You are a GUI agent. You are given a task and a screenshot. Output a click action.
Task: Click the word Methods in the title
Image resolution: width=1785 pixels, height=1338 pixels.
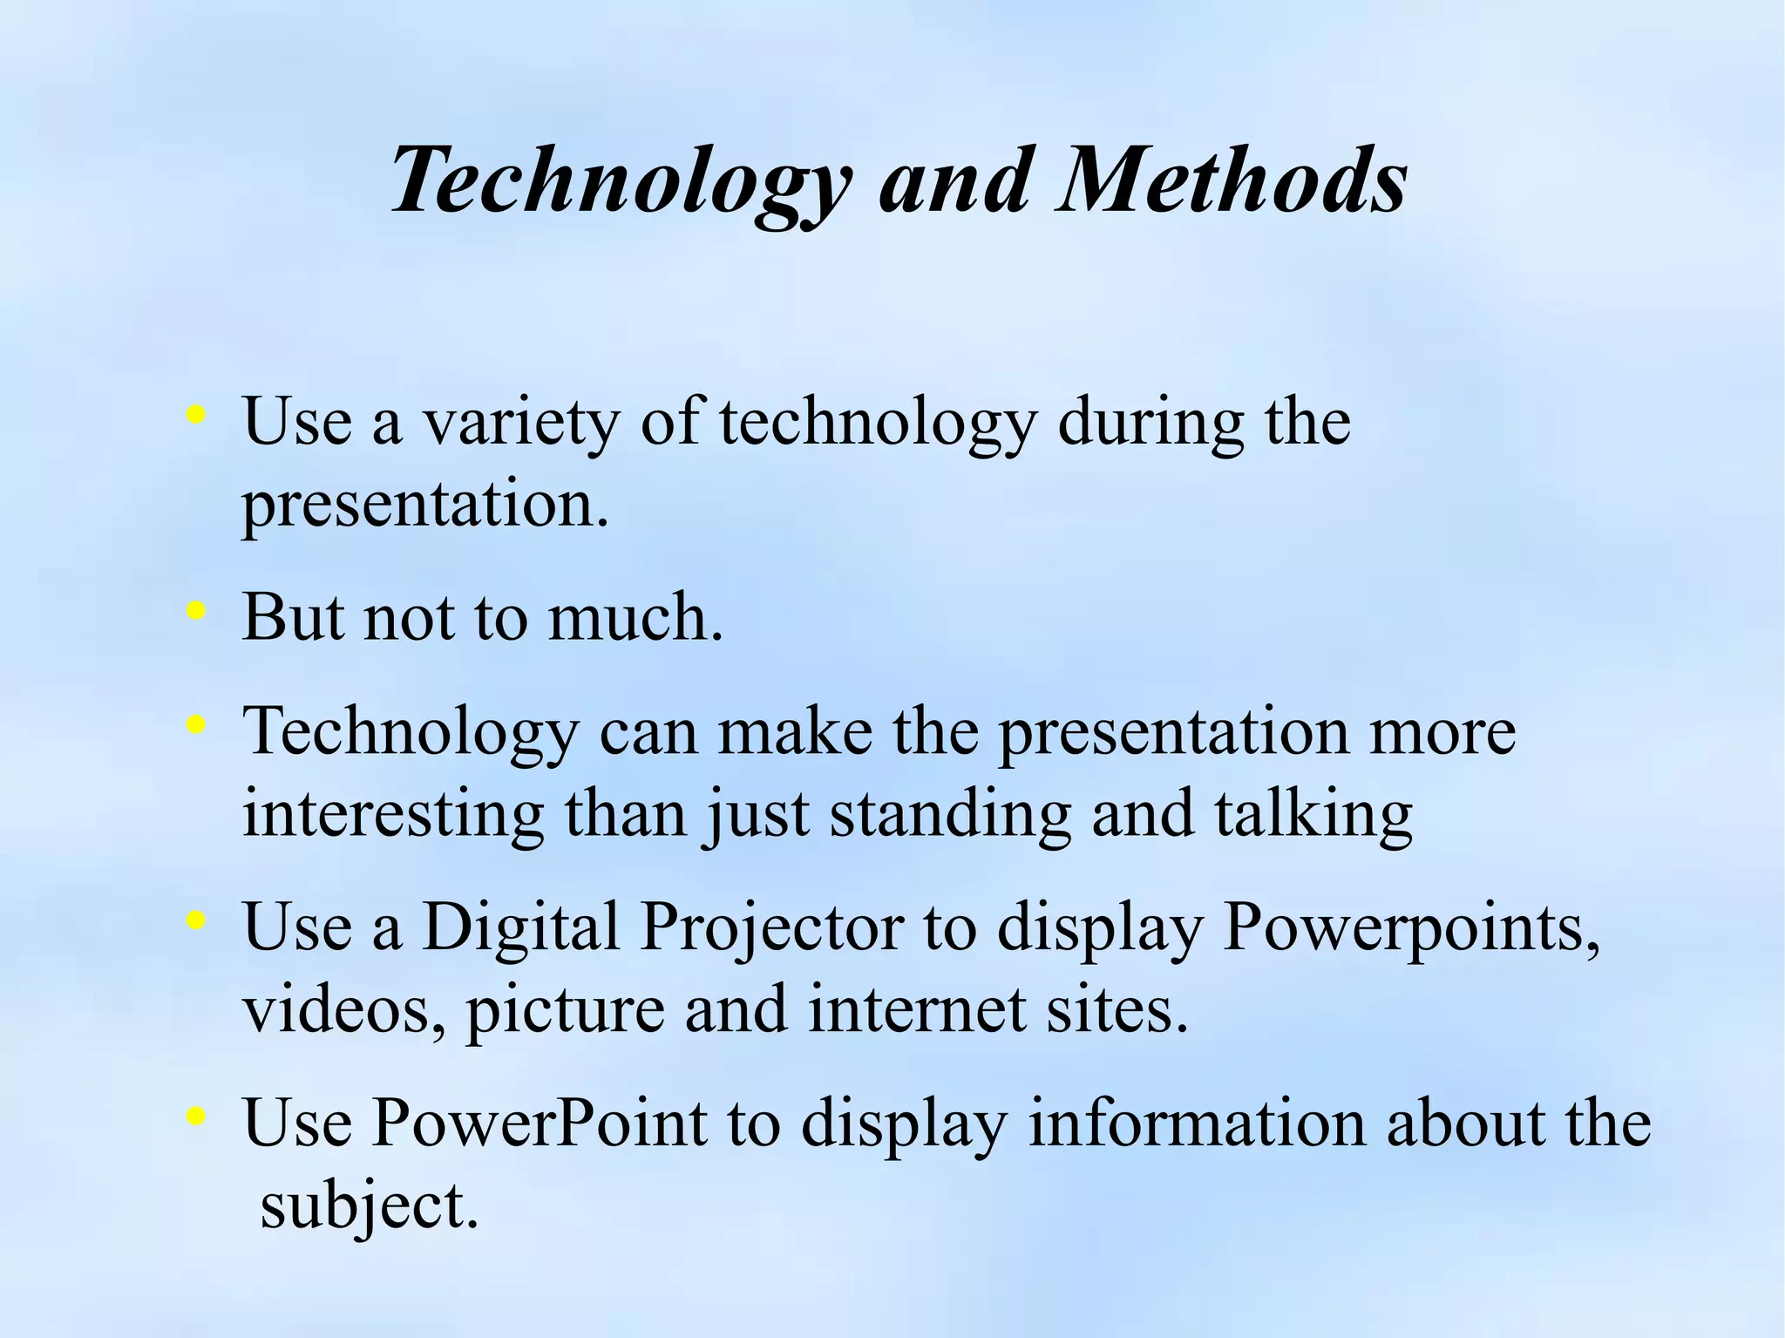coord(1230,180)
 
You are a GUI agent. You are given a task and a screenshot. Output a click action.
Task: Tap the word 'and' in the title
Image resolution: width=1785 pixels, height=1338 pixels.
coord(954,180)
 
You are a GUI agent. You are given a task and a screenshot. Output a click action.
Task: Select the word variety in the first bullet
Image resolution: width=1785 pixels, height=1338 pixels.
coord(520,422)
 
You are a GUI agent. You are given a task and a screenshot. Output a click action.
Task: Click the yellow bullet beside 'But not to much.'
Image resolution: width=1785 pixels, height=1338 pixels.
coord(196,612)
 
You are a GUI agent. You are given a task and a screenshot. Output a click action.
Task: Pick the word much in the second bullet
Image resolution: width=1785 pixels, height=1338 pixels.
coord(635,617)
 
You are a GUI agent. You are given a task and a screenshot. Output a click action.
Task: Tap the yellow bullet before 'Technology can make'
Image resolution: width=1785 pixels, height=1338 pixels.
coord(196,723)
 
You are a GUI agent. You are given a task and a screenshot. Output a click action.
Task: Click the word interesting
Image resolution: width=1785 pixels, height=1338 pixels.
coord(393,814)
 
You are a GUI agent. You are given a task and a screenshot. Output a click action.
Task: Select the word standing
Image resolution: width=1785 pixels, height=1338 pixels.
coord(949,814)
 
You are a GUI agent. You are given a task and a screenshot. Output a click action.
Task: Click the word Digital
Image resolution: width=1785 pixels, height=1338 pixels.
coord(520,927)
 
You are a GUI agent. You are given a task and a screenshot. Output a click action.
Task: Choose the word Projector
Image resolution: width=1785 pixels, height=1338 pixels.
coord(771,927)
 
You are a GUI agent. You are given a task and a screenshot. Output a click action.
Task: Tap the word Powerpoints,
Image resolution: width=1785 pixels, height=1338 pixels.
coord(1411,927)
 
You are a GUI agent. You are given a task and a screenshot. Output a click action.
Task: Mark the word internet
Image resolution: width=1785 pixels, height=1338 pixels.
coord(917,1009)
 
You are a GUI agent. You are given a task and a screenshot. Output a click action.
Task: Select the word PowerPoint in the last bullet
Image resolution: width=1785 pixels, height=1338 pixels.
coord(539,1123)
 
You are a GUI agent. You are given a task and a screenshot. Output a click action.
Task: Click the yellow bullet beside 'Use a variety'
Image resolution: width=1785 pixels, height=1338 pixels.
coord(196,415)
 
